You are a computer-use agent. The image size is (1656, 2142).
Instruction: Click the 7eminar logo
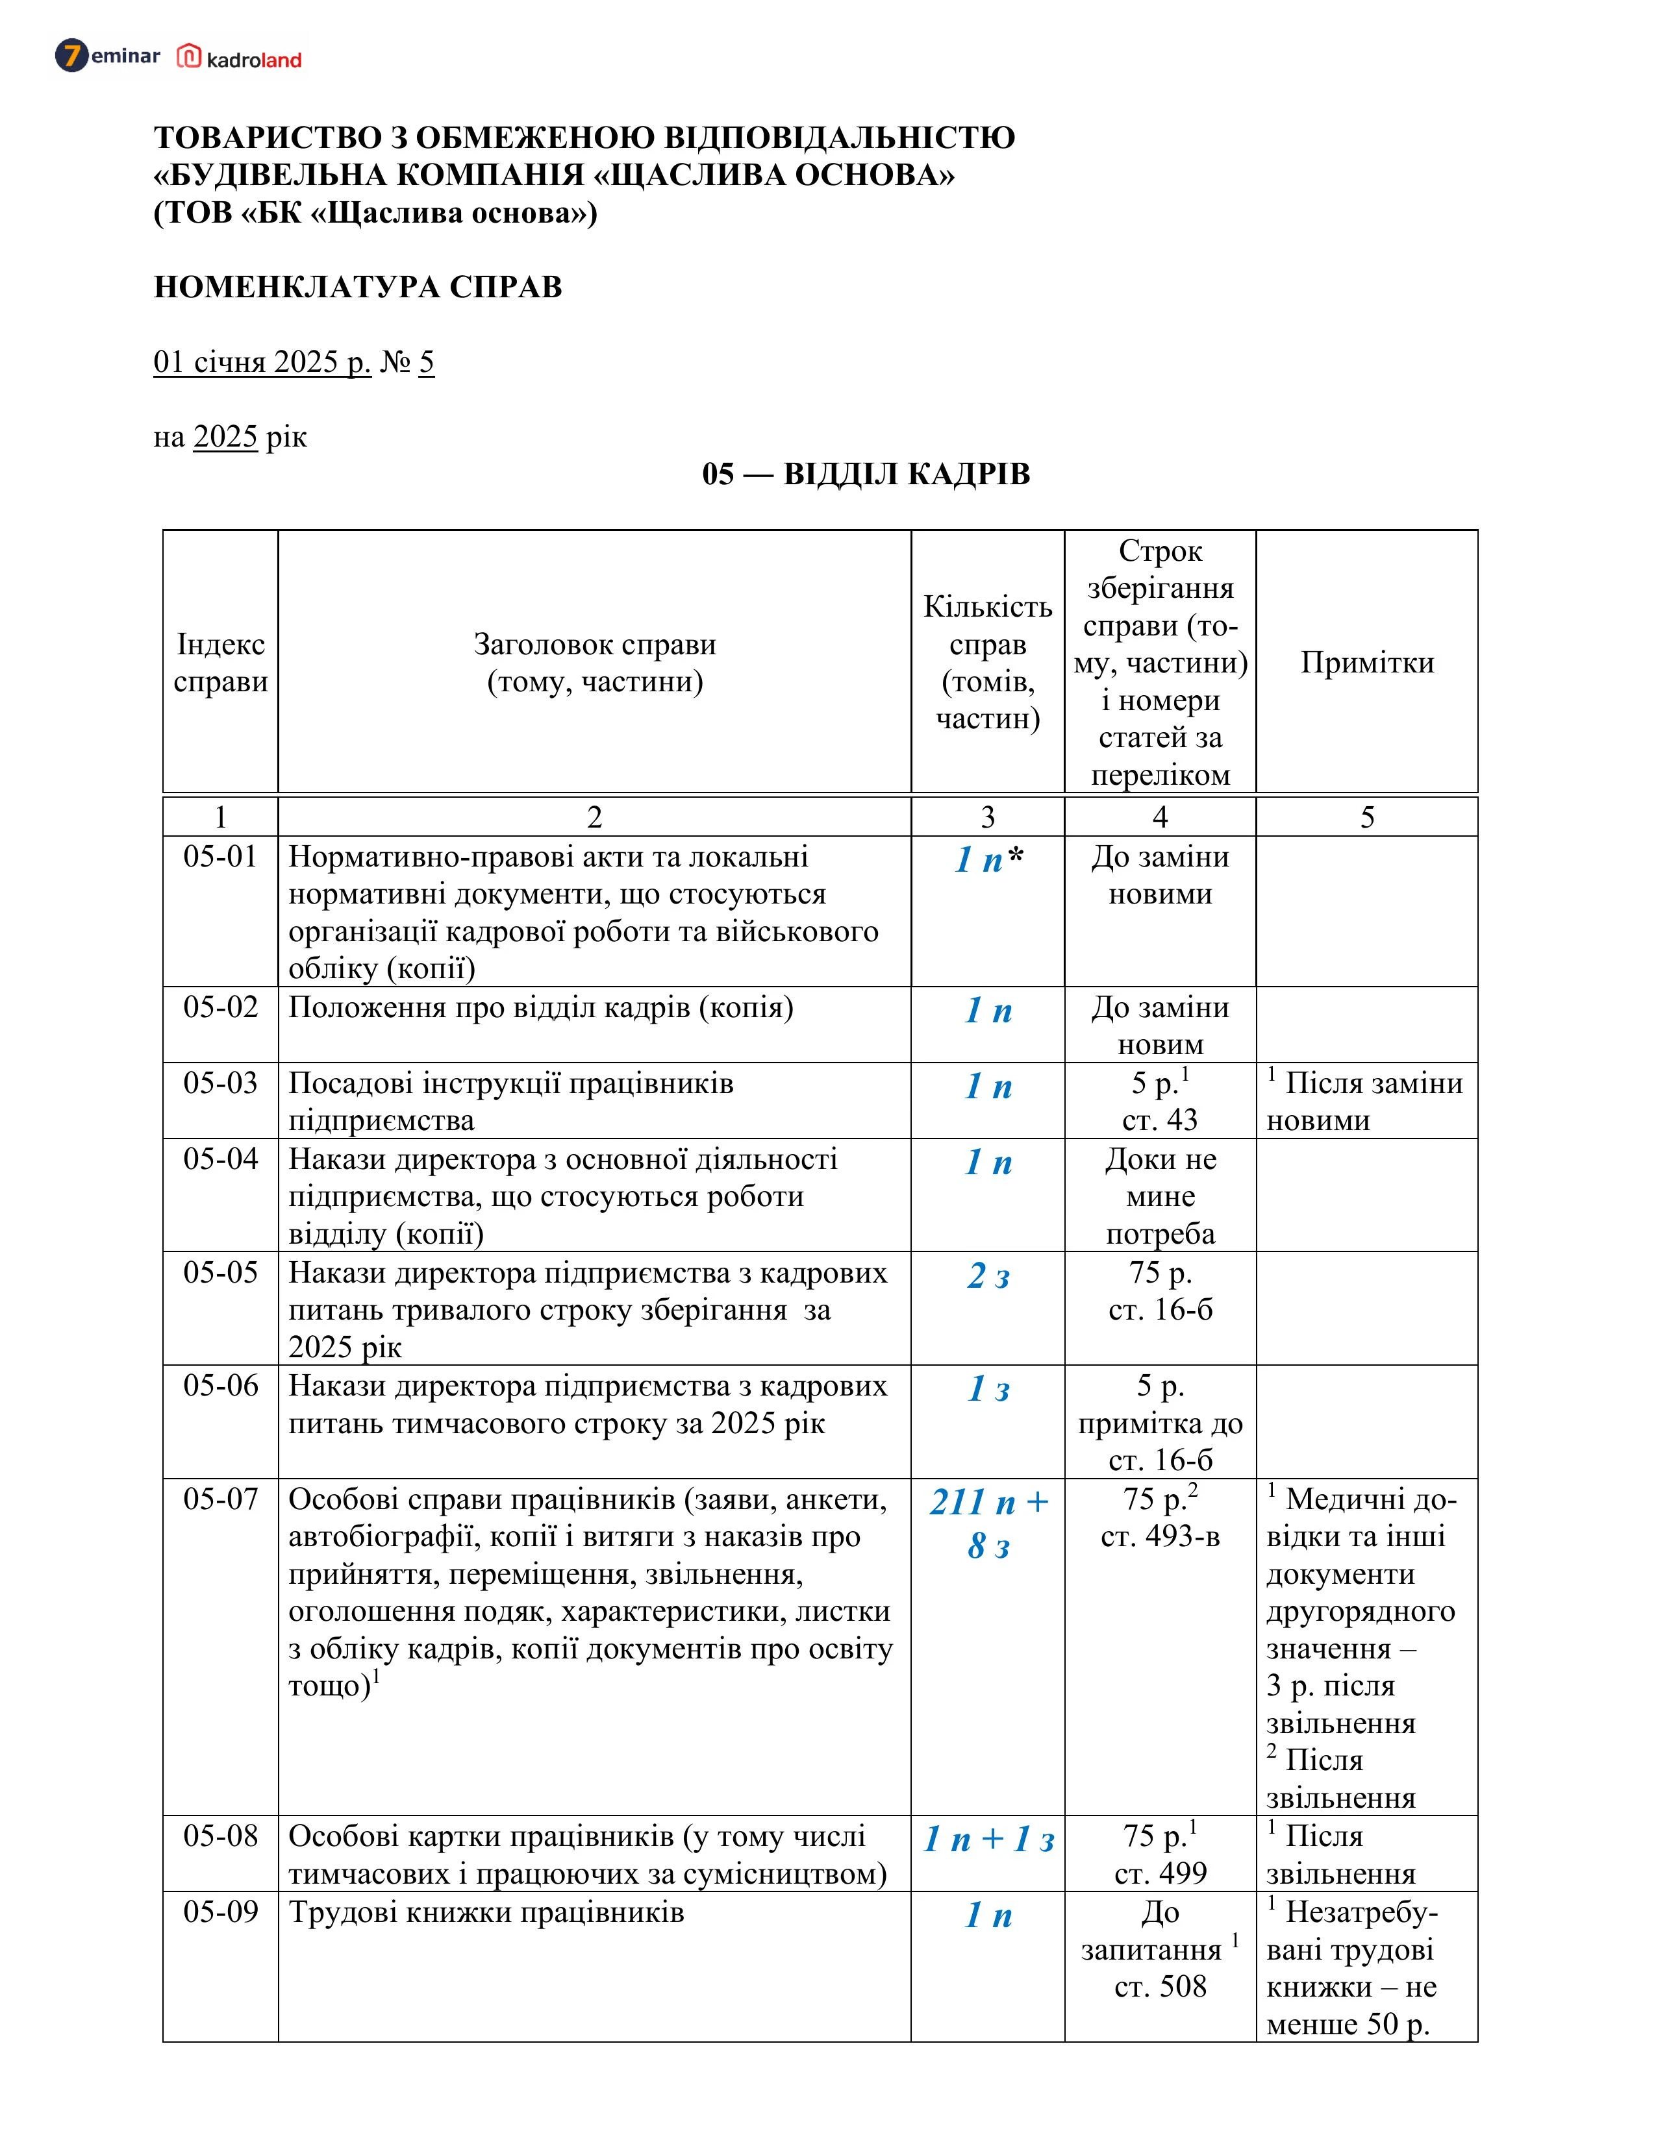point(107,56)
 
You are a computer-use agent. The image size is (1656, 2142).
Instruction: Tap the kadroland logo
point(240,58)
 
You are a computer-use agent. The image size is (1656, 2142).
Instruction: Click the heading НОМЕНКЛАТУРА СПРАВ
point(358,288)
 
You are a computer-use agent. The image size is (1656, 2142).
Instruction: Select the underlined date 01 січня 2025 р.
point(262,362)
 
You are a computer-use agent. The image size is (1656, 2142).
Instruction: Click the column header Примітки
point(1366,662)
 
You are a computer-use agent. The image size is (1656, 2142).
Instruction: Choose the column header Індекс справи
point(221,662)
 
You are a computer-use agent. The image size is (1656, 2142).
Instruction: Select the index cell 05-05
point(221,1272)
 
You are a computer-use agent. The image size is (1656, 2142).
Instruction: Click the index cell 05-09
point(221,1912)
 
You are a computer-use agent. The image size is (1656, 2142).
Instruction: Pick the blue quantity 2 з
point(988,1276)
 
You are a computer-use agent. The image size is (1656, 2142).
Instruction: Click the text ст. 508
point(1160,1986)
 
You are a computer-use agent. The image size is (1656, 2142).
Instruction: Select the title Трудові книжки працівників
point(486,1912)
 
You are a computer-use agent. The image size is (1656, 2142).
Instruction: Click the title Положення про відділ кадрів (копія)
point(540,1007)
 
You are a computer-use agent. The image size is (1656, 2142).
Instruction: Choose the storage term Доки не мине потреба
point(1160,1196)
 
